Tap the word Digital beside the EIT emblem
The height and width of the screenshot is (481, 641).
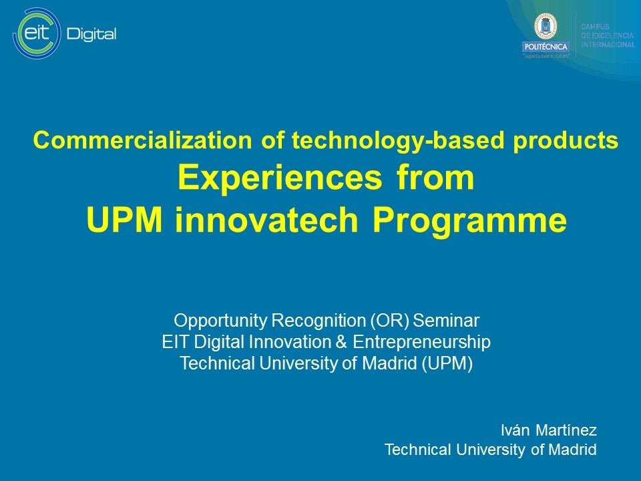point(91,34)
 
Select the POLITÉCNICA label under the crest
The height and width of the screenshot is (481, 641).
point(546,47)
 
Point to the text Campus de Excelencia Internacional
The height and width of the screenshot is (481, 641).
point(607,35)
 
